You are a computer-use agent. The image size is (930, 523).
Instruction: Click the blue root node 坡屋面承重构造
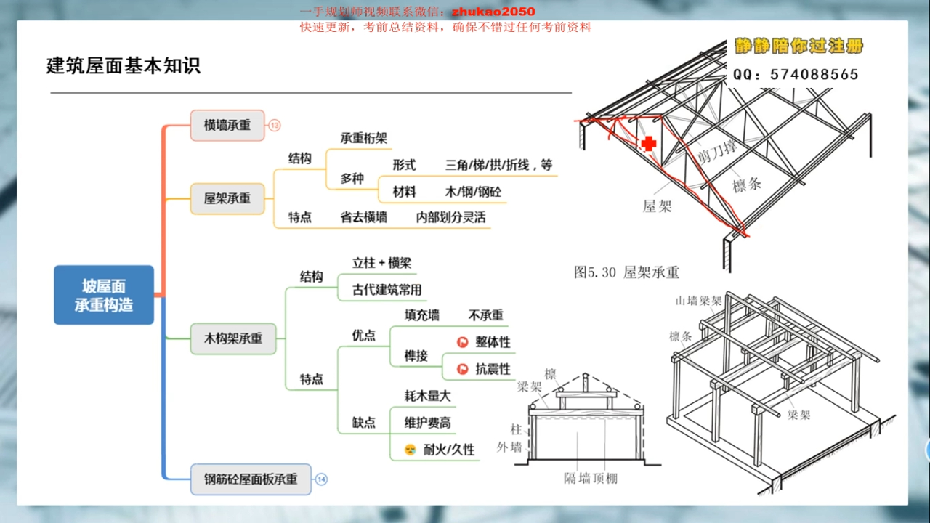104,294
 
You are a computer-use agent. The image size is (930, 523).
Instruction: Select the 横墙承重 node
227,125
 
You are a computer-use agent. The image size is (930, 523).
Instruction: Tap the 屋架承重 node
227,198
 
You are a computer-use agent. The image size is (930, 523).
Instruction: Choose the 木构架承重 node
232,338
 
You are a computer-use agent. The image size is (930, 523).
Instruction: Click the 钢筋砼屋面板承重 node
251,479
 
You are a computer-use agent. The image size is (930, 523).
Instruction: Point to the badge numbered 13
275,125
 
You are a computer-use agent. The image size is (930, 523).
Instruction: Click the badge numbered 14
321,479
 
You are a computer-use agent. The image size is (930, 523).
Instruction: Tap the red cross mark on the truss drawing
649,143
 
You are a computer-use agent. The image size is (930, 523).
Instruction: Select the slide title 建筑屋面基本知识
124,66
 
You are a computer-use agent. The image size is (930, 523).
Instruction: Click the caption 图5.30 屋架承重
626,272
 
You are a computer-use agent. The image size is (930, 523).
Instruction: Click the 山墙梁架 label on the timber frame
698,300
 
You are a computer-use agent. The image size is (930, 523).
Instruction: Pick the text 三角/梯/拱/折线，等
498,165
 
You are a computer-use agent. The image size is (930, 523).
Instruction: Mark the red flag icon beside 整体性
462,342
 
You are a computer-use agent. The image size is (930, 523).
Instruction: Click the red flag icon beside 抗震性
462,369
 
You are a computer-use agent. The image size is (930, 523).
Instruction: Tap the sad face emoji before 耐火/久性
410,450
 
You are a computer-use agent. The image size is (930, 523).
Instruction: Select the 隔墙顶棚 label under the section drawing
590,478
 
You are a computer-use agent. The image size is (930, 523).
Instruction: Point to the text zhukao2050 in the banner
493,12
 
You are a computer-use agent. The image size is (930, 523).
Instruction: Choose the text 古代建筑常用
387,290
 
